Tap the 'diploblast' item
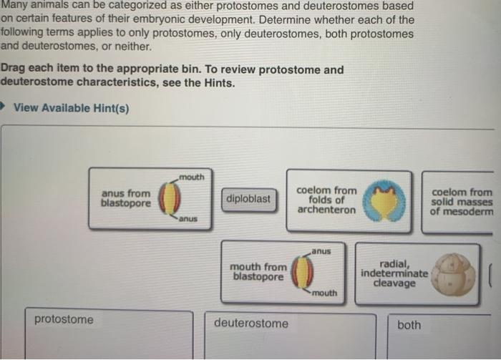(248, 198)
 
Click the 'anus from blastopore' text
(126, 198)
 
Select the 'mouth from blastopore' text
(258, 271)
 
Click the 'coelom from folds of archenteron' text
(326, 200)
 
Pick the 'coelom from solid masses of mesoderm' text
(462, 202)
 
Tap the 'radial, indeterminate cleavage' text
(394, 273)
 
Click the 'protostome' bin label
(64, 319)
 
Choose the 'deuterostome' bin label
(251, 323)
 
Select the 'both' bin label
(409, 325)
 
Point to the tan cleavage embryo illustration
(455, 273)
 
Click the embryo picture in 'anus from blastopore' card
(169, 198)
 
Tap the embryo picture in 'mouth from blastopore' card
(303, 272)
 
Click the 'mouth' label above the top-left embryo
(192, 177)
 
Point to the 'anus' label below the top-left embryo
(188, 218)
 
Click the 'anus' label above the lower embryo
(321, 251)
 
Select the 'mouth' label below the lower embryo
(324, 293)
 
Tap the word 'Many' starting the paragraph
(14, 6)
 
